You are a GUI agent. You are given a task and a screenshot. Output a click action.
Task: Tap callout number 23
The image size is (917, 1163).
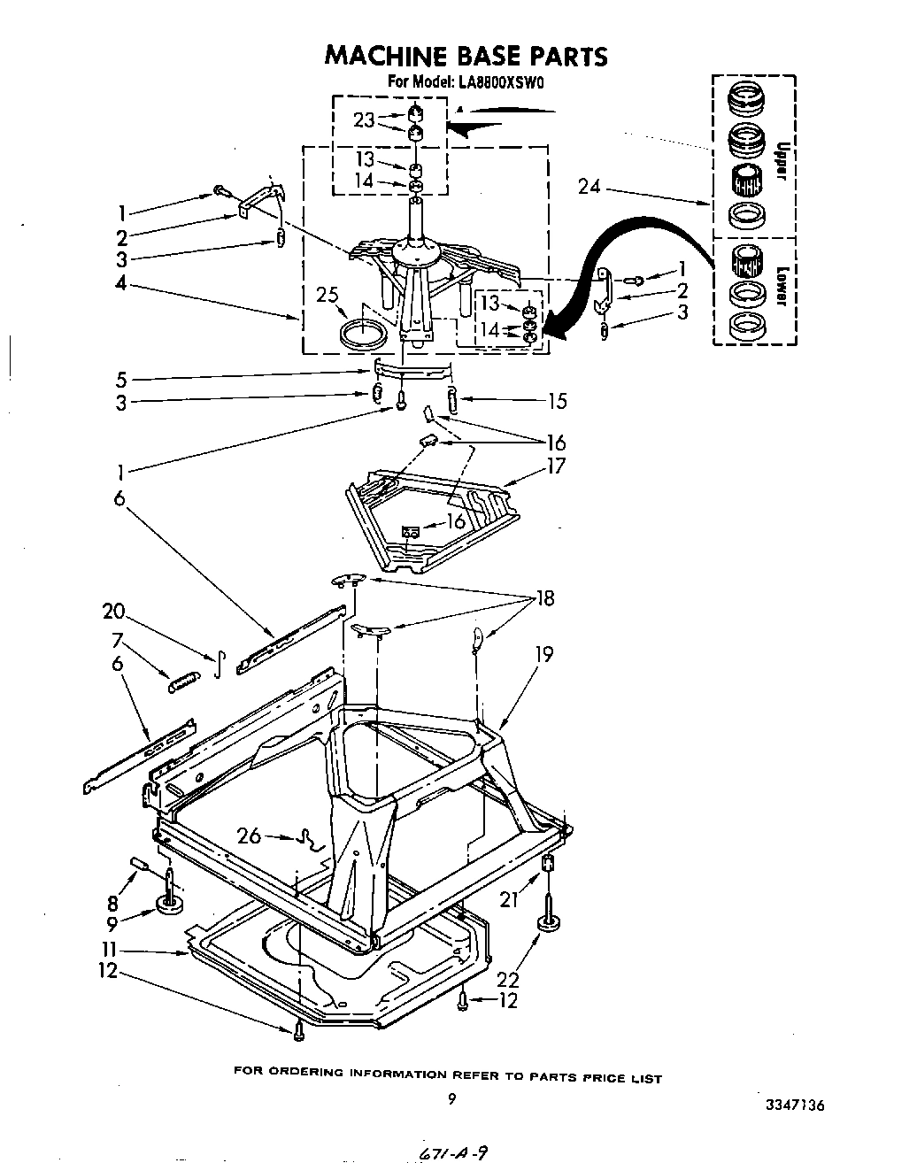click(365, 119)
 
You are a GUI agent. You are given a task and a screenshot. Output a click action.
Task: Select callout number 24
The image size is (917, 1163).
click(589, 186)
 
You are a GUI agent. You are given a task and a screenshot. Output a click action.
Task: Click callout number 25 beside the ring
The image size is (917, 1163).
click(328, 294)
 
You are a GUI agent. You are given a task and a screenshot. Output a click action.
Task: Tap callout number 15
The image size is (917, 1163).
click(557, 401)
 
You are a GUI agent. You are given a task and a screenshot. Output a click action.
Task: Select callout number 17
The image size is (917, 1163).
click(556, 465)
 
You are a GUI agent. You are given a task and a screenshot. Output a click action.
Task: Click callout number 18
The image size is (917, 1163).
click(545, 598)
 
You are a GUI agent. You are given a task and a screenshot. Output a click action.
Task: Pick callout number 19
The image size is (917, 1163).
click(543, 654)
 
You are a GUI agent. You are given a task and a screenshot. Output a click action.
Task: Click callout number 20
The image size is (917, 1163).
click(113, 612)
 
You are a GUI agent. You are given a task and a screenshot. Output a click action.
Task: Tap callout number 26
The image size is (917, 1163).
click(250, 835)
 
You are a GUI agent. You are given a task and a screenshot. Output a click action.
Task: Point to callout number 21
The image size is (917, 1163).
click(507, 900)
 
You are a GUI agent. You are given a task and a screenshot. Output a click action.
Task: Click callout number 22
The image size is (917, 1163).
click(508, 979)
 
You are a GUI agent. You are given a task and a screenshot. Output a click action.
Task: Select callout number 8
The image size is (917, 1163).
click(112, 904)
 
